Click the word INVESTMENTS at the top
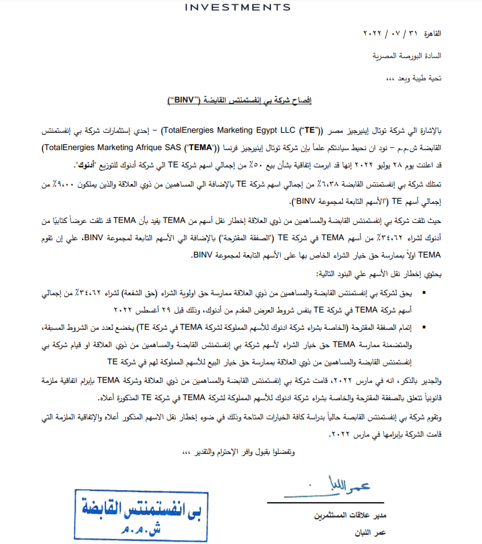click(238, 7)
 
